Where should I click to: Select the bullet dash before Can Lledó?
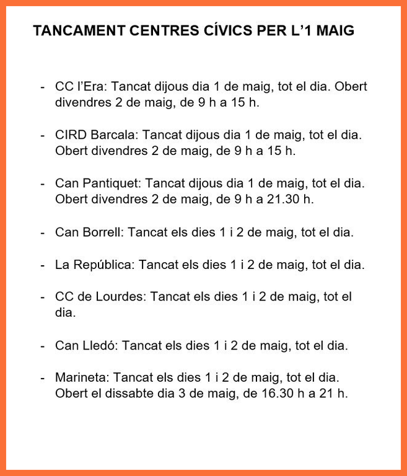point(42,345)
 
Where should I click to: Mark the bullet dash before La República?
point(42,265)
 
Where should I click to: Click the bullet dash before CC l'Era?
point(42,87)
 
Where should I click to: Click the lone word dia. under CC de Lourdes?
point(65,313)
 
